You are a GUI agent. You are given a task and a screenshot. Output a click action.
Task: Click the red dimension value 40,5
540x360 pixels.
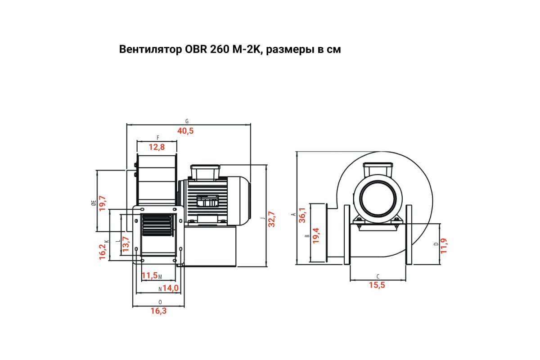pos(185,131)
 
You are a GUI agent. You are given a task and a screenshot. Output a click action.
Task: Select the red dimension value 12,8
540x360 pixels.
pos(157,147)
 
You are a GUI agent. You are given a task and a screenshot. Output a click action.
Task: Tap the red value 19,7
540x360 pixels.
pos(103,203)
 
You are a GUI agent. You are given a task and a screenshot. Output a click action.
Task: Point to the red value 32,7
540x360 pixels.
pos(271,219)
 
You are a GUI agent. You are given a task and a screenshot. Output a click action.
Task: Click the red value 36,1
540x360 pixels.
pos(302,215)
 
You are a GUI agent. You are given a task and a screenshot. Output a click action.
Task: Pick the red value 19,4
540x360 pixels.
pos(316,236)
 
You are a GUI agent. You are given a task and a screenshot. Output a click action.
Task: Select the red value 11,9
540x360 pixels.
pos(444,246)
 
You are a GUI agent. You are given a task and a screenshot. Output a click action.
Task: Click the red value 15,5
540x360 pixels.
pos(377,285)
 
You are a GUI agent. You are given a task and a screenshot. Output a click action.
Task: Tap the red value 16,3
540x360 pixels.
pos(158,311)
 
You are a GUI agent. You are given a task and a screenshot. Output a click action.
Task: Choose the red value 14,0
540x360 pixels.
pos(171,288)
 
